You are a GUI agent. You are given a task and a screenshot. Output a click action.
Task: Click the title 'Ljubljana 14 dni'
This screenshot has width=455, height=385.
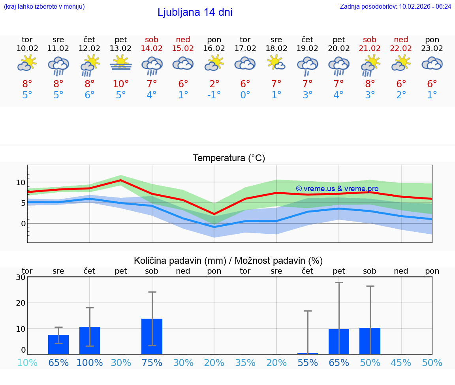pyautogui.click(x=195, y=12)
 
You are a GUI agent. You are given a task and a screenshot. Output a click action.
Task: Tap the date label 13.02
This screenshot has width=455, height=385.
pyautogui.click(x=120, y=49)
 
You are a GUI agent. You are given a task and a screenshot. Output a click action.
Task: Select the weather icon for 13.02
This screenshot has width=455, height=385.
pyautogui.click(x=121, y=63)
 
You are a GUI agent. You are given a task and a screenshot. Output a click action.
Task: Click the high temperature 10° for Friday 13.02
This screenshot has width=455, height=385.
pyautogui.click(x=120, y=84)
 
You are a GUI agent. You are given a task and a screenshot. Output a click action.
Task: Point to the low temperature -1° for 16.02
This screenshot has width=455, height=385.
pyautogui.click(x=214, y=95)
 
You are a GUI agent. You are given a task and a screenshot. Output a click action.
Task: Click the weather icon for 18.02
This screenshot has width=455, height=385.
pyautogui.click(x=276, y=63)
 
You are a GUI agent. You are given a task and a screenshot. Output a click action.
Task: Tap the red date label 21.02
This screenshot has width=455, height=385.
pyautogui.click(x=370, y=49)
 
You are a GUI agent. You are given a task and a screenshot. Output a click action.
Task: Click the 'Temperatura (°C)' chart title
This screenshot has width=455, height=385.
pyautogui.click(x=229, y=158)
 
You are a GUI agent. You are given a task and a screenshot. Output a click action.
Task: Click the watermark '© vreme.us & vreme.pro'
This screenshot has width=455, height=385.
pyautogui.click(x=337, y=189)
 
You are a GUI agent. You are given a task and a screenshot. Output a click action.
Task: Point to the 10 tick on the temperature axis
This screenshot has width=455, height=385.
pyautogui.click(x=21, y=182)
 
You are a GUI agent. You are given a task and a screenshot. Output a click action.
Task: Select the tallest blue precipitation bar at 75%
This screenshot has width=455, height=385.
pyautogui.click(x=152, y=336)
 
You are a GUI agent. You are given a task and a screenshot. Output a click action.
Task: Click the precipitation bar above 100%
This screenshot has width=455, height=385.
pyautogui.click(x=90, y=340)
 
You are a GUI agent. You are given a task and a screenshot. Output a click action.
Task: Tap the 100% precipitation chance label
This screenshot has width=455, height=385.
pyautogui.click(x=90, y=362)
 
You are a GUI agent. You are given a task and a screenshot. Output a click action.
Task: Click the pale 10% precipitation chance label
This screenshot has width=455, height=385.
pyautogui.click(x=27, y=362)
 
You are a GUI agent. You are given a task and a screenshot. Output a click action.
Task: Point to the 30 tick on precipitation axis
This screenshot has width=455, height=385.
pyautogui.click(x=21, y=277)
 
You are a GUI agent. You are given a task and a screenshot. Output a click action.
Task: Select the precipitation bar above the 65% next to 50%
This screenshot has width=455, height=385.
pyautogui.click(x=339, y=341)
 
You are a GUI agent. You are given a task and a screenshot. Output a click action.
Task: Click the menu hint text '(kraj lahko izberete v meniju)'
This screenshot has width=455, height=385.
pyautogui.click(x=44, y=6)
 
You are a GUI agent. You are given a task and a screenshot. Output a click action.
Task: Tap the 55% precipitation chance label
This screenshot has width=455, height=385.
pyautogui.click(x=307, y=362)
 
